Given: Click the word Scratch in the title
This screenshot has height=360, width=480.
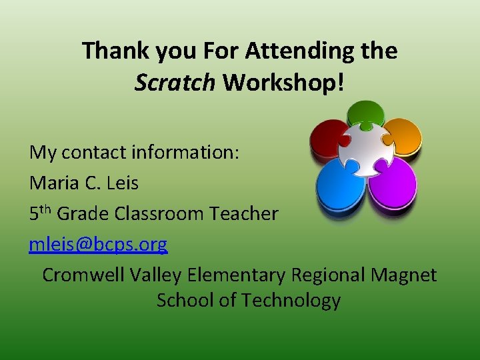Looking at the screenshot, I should (175, 82).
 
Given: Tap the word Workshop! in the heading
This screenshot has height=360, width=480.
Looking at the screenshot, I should (284, 82).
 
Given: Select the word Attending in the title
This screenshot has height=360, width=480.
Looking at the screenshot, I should (279, 51).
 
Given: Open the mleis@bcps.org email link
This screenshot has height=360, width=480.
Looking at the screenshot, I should (98, 245).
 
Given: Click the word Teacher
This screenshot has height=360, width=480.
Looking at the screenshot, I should (243, 213).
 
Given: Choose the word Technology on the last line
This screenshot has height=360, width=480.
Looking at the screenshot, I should (291, 301).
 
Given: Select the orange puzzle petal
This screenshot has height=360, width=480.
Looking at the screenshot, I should (401, 135).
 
